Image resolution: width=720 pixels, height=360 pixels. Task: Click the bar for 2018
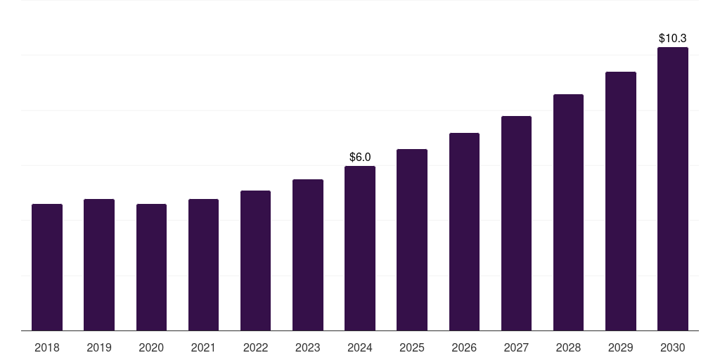(x=47, y=267)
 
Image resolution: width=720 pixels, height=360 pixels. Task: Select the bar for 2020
(x=151, y=267)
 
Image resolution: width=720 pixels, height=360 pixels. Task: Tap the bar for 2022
(x=255, y=261)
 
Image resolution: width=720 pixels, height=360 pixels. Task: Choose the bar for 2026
(x=464, y=232)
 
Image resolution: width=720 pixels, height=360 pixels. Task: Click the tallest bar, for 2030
(x=673, y=189)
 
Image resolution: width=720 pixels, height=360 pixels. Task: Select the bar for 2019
(x=99, y=265)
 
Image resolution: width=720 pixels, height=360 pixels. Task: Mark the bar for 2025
(x=412, y=240)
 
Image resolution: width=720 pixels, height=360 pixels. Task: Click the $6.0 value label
(x=360, y=157)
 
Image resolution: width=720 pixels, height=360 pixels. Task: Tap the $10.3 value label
(x=673, y=38)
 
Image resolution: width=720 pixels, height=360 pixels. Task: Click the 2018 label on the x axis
(x=47, y=347)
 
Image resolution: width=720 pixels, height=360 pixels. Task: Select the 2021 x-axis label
(x=203, y=347)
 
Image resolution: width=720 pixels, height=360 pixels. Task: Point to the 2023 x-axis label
(x=308, y=347)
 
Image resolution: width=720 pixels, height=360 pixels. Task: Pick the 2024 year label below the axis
(x=360, y=347)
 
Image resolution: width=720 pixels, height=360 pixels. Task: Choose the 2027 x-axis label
(x=516, y=347)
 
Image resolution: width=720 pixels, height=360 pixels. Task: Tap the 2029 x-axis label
(x=621, y=347)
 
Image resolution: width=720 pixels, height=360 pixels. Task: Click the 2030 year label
(x=673, y=347)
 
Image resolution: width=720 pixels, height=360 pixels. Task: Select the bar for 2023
(x=308, y=255)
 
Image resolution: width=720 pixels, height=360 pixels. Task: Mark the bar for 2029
(x=621, y=201)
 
